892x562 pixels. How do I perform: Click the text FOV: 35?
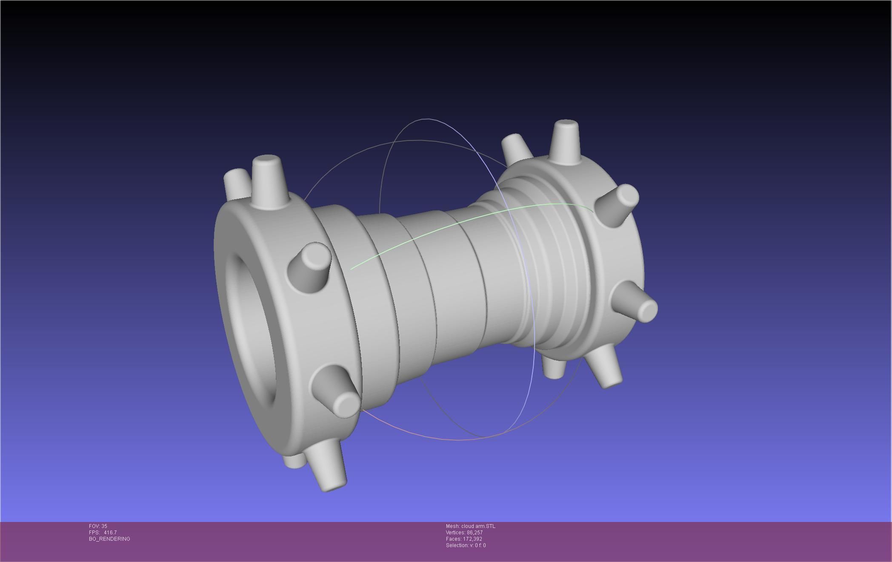[98, 526]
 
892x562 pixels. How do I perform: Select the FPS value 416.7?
[110, 533]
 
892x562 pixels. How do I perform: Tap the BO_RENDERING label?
[109, 539]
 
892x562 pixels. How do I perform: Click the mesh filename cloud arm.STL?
[478, 526]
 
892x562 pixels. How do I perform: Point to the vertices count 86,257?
[475, 533]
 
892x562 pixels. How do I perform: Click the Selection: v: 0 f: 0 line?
[466, 545]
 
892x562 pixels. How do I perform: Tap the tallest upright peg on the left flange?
[268, 181]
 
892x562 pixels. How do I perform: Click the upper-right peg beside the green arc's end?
[617, 204]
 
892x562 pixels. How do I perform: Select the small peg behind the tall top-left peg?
[237, 183]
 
